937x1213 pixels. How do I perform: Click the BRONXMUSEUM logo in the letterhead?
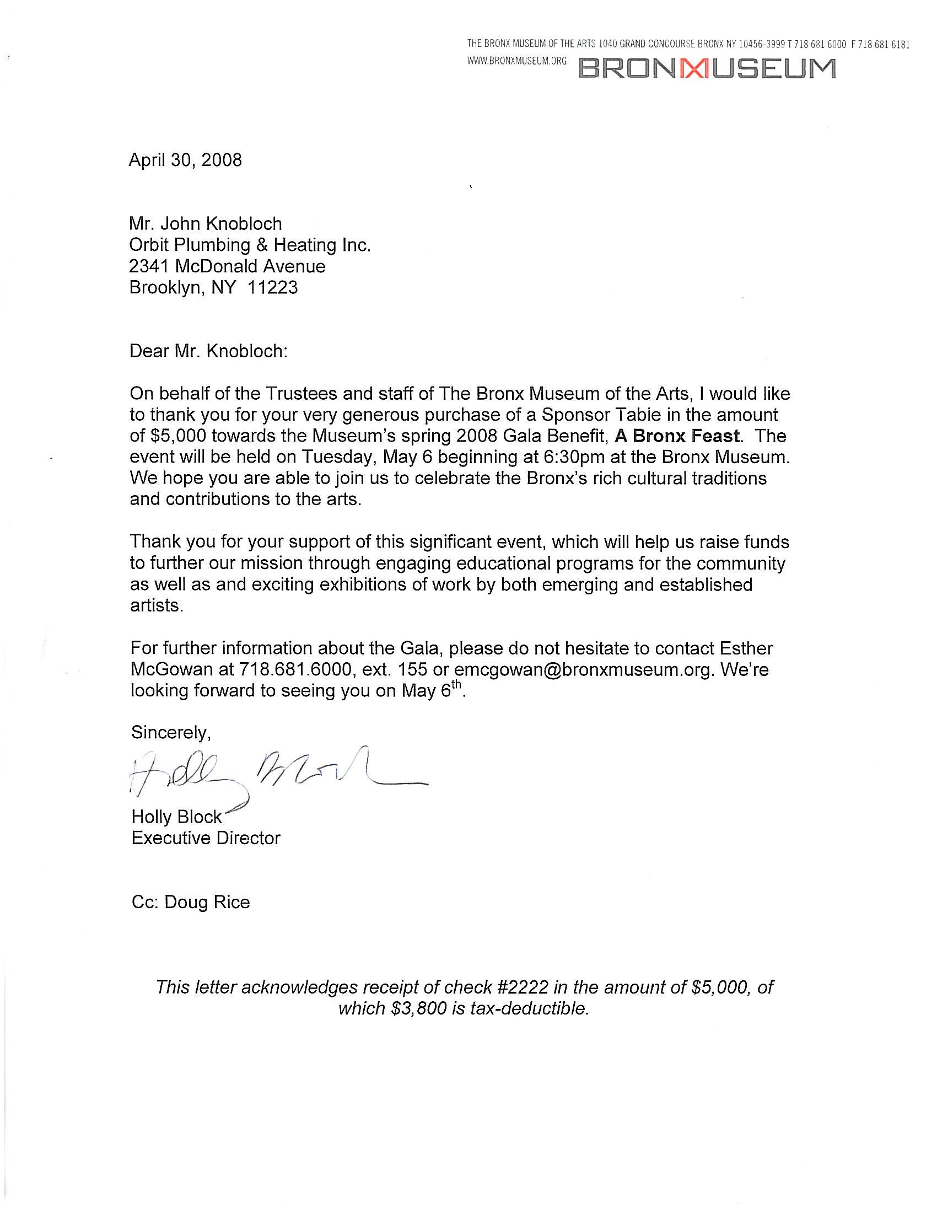tap(707, 69)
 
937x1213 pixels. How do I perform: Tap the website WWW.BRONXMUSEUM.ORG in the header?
tap(517, 61)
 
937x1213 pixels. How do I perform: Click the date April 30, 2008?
tap(185, 160)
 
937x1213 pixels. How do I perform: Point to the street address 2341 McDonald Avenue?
tap(227, 266)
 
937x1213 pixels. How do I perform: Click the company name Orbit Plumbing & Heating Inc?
tap(250, 245)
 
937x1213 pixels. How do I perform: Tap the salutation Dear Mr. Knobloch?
tap(209, 352)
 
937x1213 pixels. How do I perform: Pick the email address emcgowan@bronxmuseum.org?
tap(583, 670)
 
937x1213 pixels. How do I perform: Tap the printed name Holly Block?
tap(176, 817)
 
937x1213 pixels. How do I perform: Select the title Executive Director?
tap(206, 838)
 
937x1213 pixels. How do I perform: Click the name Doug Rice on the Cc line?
tap(207, 902)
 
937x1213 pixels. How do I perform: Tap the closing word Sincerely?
tap(170, 733)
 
